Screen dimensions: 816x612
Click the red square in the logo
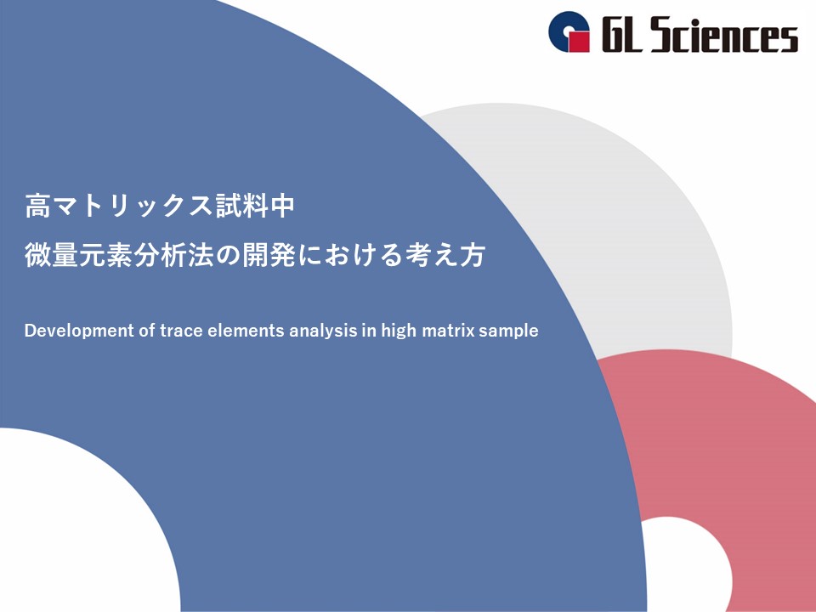(578, 41)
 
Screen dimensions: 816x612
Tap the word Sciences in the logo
(724, 34)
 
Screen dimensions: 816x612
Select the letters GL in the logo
(622, 34)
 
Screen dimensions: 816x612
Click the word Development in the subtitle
(79, 331)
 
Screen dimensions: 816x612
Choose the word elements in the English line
(246, 331)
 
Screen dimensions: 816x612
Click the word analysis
(323, 331)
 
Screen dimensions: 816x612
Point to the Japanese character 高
(37, 206)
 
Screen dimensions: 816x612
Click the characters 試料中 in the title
(254, 206)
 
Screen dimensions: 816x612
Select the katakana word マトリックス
(133, 206)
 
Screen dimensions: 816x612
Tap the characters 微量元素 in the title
(78, 256)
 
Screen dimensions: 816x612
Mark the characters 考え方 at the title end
(445, 256)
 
